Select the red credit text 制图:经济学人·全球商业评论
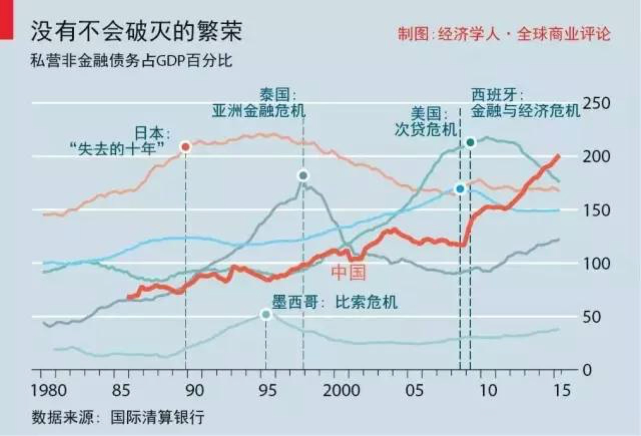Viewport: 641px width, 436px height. pyautogui.click(x=504, y=34)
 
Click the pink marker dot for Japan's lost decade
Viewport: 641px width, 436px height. pyautogui.click(x=185, y=147)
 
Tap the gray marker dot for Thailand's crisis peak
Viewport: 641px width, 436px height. pyautogui.click(x=302, y=175)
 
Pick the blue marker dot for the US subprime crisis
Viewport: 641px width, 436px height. pyautogui.click(x=460, y=189)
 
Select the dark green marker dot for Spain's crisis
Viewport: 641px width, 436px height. pyautogui.click(x=470, y=142)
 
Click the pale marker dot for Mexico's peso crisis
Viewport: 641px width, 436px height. pyautogui.click(x=266, y=314)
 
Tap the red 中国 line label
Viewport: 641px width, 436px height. pyautogui.click(x=349, y=273)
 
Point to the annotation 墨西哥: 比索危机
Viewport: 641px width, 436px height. pyautogui.click(x=334, y=302)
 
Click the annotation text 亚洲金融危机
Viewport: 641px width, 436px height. pyautogui.click(x=258, y=111)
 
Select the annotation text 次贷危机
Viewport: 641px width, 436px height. pyautogui.click(x=425, y=130)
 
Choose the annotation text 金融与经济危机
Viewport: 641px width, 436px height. pyautogui.click(x=525, y=111)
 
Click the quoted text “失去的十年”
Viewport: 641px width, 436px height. pyautogui.click(x=119, y=149)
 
